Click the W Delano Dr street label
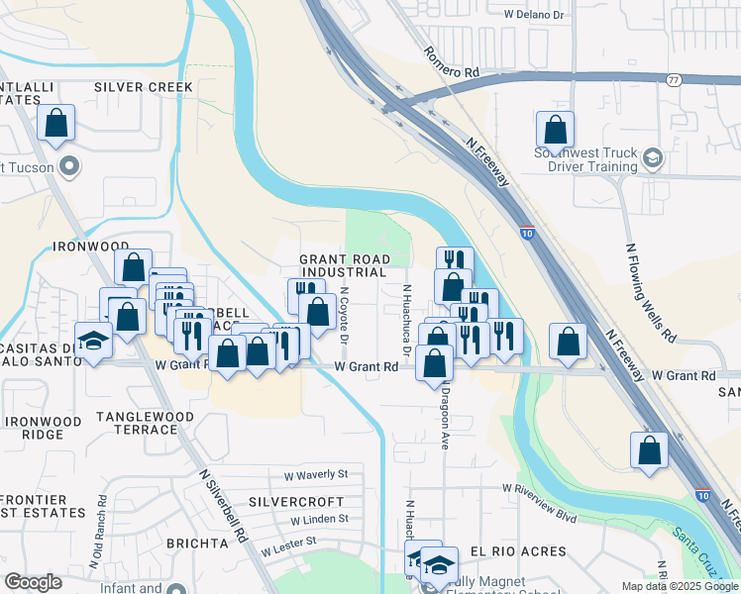coord(533,15)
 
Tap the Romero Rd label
coord(452,62)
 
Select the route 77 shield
coord(673,80)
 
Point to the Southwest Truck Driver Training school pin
coord(653,158)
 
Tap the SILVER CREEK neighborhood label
coord(144,87)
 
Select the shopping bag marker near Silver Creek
coord(56,125)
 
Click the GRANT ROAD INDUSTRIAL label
coord(343,265)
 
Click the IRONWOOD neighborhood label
coord(91,246)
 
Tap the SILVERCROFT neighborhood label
coord(295,501)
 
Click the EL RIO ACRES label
coord(518,551)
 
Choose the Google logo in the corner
coord(33,582)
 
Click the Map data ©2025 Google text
coord(679,586)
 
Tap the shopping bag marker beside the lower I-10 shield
coord(648,449)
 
